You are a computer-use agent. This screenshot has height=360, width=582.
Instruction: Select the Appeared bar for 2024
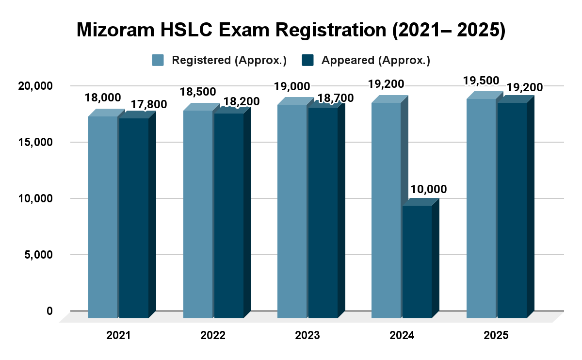click(x=417, y=262)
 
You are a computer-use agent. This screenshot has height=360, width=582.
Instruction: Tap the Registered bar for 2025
click(x=481, y=208)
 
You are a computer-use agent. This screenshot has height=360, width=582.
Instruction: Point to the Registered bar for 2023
click(x=292, y=211)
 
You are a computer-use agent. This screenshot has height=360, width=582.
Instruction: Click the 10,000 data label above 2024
click(x=428, y=189)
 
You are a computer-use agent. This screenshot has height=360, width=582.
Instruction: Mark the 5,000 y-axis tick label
click(x=38, y=255)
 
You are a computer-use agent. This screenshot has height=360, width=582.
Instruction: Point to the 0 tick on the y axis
click(x=49, y=311)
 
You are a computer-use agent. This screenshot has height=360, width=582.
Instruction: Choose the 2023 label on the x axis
click(x=307, y=335)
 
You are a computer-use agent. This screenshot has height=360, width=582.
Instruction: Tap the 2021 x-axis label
click(x=118, y=335)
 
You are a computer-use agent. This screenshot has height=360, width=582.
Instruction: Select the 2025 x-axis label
click(x=496, y=335)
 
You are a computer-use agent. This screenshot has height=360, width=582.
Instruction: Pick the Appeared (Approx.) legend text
click(x=376, y=60)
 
